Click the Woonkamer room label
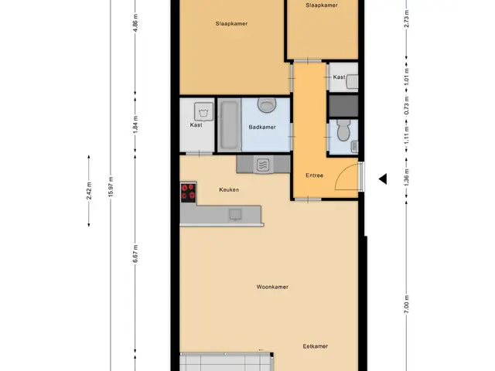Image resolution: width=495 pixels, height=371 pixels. [272, 287]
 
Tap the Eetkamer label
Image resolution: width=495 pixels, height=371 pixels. [315, 346]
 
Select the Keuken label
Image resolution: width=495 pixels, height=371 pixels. [229, 189]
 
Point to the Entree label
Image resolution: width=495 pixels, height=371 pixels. [314, 175]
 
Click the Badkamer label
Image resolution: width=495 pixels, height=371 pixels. [262, 127]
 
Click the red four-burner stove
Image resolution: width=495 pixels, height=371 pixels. [188, 192]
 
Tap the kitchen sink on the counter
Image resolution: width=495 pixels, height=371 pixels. [235, 214]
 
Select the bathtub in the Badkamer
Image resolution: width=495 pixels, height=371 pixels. [229, 125]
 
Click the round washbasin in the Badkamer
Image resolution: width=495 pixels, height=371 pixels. [267, 105]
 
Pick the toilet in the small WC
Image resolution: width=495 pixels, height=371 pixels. [343, 131]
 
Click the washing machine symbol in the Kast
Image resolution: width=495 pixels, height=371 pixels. [203, 111]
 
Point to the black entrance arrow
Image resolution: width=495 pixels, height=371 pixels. [383, 179]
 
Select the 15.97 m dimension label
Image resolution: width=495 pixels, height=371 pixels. [111, 187]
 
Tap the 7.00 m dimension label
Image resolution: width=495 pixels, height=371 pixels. [407, 304]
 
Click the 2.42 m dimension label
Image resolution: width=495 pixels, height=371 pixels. [89, 191]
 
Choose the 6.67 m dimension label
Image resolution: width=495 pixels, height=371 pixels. [135, 254]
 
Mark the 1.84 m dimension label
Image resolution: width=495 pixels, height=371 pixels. [135, 124]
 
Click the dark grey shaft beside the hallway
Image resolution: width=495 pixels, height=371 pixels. [343, 106]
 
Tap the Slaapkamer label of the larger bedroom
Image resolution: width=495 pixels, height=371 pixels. [231, 24]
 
